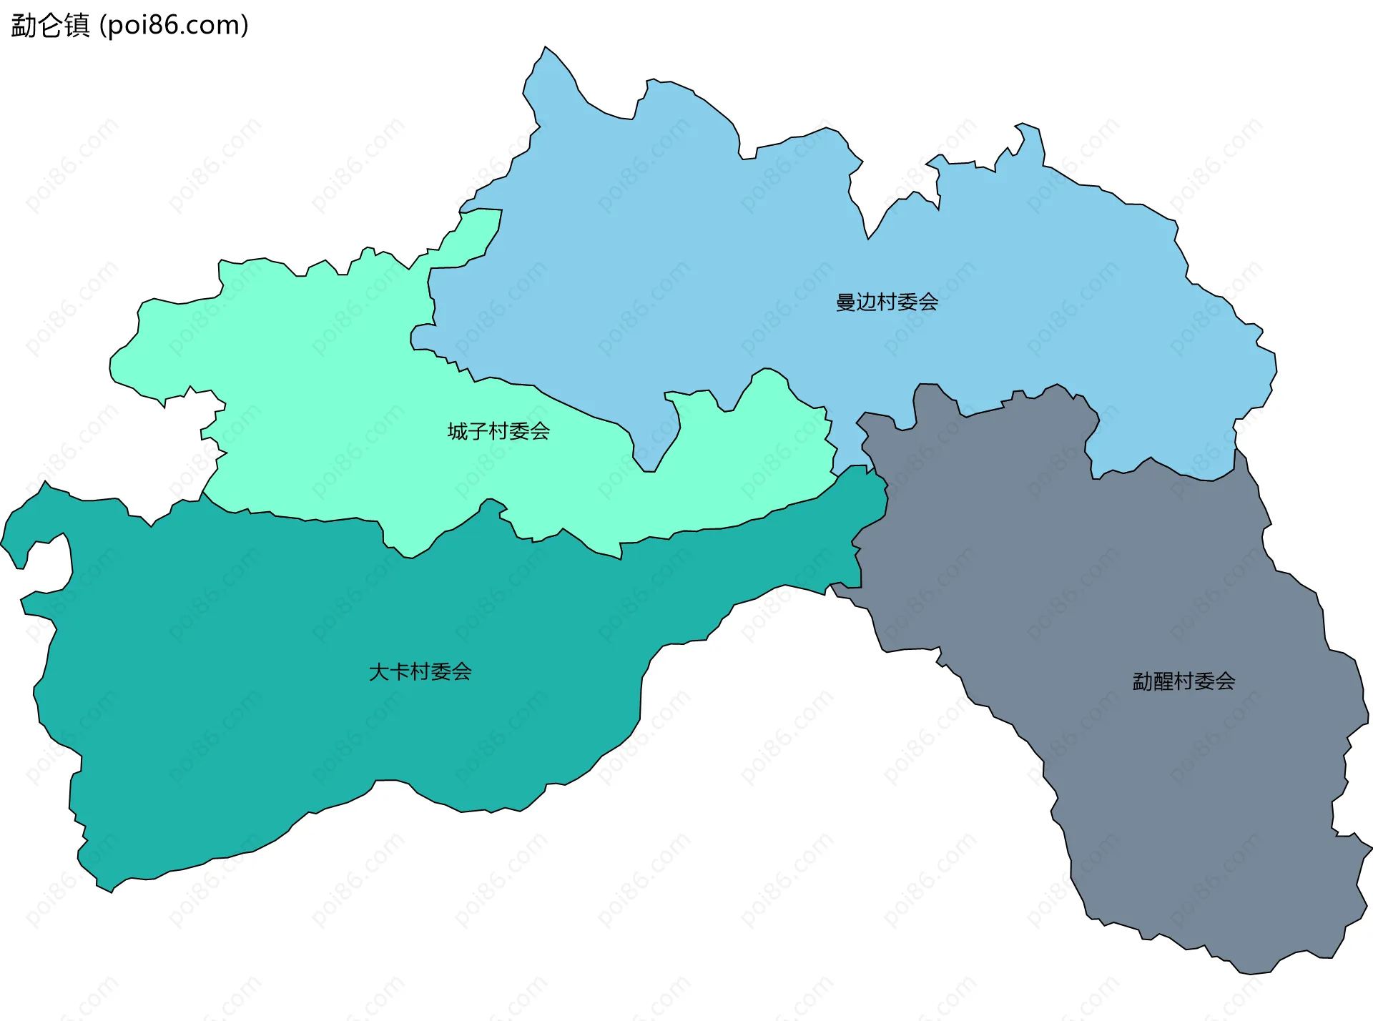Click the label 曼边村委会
887,302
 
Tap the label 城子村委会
498,431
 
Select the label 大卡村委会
420,671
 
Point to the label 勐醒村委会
1183,681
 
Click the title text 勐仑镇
50,25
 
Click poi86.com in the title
174,25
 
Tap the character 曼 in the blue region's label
846,302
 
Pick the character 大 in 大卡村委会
379,671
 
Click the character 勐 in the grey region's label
1143,681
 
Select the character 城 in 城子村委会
458,431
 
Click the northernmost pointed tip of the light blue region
546,48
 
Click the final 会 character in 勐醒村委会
1225,681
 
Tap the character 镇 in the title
77,25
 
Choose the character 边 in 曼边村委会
867,302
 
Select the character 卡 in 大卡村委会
400,671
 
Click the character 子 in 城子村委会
478,431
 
